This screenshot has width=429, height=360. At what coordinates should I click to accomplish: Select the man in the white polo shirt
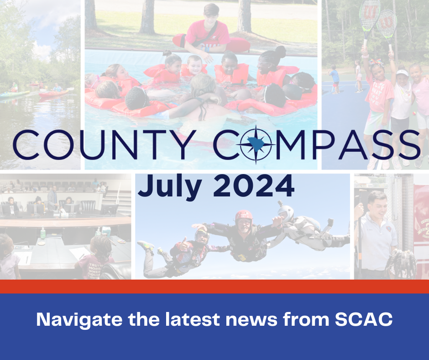point(376,228)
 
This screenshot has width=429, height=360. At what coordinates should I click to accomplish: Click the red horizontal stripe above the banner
point(214,286)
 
